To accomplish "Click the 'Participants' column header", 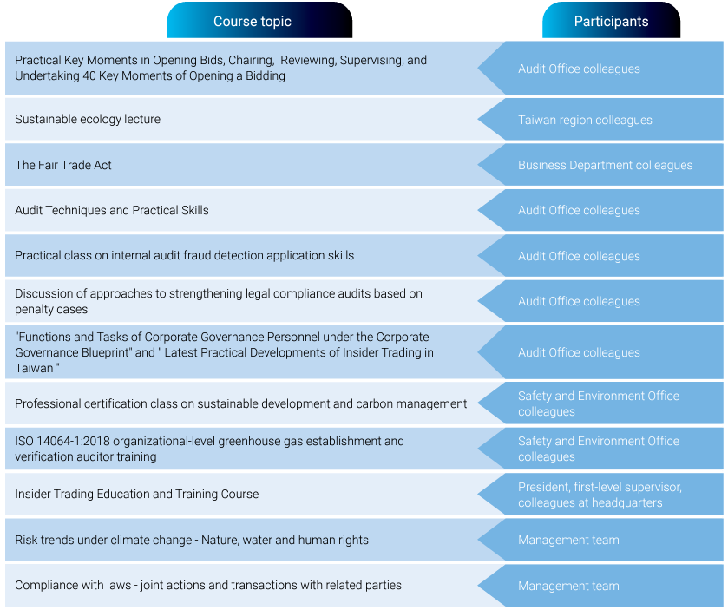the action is pyautogui.click(x=611, y=22).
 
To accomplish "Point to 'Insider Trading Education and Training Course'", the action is pyautogui.click(x=136, y=494).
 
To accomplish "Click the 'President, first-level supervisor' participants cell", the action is pyautogui.click(x=600, y=495).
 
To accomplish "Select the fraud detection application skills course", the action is pyautogui.click(x=184, y=255).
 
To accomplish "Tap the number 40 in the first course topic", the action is pyautogui.click(x=89, y=75).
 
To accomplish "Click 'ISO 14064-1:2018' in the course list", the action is pyautogui.click(x=62, y=441).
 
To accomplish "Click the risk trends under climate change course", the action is pyautogui.click(x=191, y=540).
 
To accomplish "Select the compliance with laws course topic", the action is pyautogui.click(x=208, y=586).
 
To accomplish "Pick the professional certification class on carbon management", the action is pyautogui.click(x=240, y=403).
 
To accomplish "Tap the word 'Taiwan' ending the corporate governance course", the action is pyautogui.click(x=34, y=368).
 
